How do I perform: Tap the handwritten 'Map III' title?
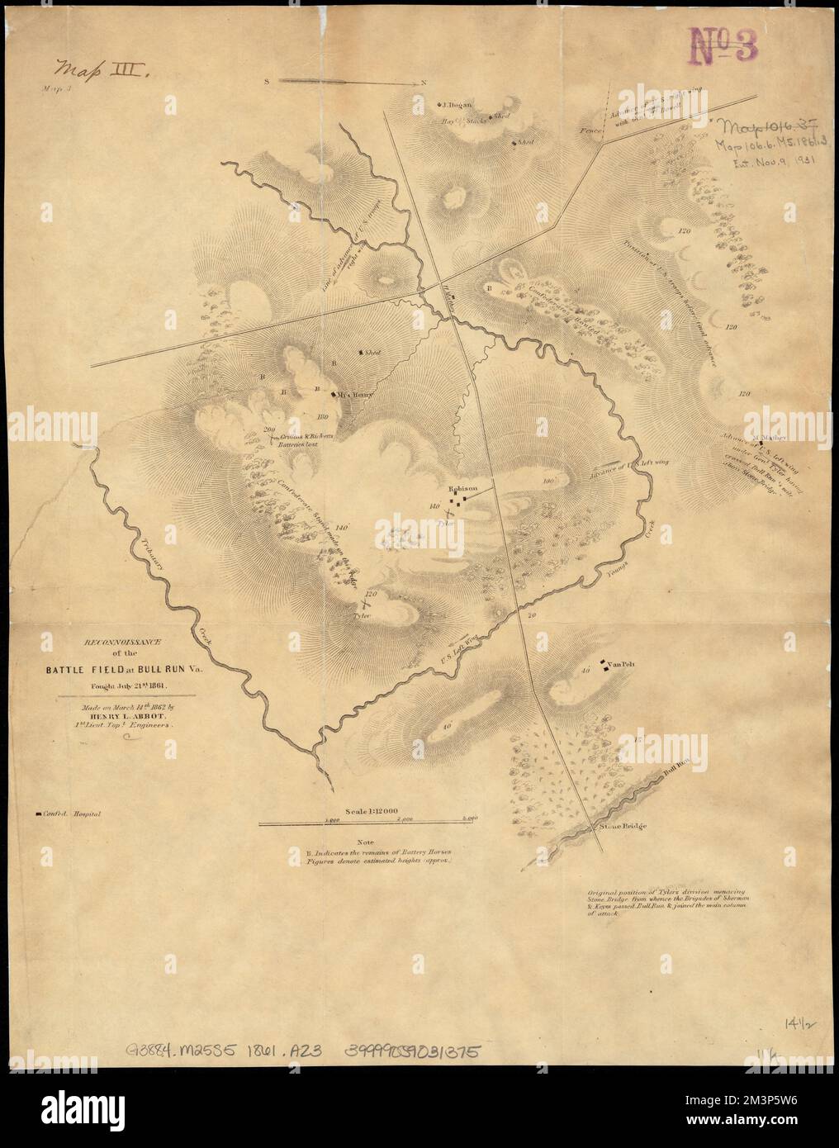click(x=99, y=68)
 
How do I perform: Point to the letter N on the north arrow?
click(x=423, y=82)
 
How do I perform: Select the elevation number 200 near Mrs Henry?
click(x=268, y=429)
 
